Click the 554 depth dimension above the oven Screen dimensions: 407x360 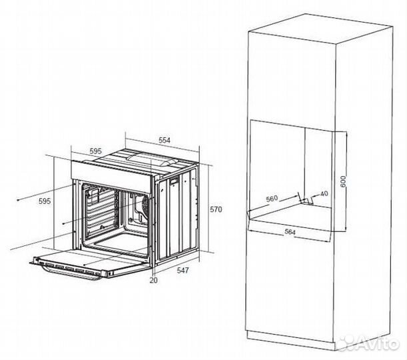coord(165,140)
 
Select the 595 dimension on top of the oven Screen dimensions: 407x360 coord(95,151)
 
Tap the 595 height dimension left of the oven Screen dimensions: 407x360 coord(45,201)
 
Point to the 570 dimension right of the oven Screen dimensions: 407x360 coord(216,209)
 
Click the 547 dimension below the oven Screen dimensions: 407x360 coord(183,271)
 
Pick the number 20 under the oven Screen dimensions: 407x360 coord(153,280)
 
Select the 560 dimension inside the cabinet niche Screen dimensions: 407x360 coord(272,199)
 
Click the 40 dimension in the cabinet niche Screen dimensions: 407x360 coord(324,193)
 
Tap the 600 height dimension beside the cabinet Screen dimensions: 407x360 coord(343,181)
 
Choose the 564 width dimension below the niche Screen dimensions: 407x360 coord(290,232)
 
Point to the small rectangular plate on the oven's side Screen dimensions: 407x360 coord(175,181)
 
